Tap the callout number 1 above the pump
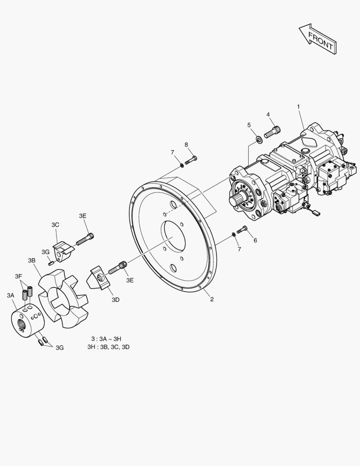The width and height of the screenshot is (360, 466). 298,107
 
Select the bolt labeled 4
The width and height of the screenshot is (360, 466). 272,131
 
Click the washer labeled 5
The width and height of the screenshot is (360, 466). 259,139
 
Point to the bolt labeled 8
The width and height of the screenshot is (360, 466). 191,160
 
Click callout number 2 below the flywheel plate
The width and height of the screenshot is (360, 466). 212,299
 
